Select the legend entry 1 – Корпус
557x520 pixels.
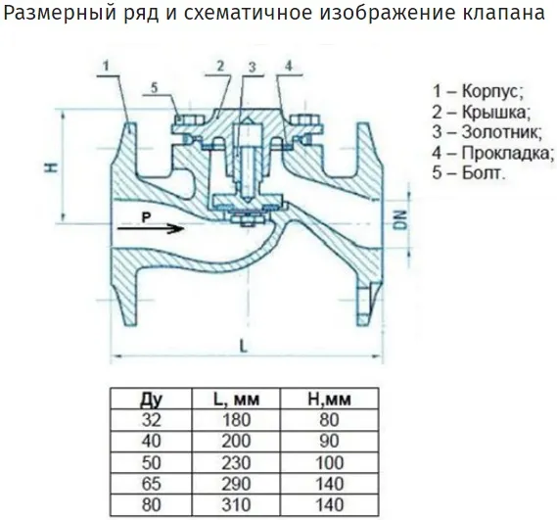click(478, 91)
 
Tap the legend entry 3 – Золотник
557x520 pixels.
click(487, 132)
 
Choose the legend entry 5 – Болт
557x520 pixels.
click(468, 172)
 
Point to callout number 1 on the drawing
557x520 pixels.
click(106, 66)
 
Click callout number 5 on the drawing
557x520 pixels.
click(154, 87)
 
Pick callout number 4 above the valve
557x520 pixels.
click(289, 66)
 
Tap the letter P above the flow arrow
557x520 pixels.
click(146, 217)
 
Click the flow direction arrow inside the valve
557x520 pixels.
click(150, 228)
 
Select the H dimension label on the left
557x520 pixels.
click(52, 167)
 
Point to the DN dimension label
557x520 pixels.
click(401, 219)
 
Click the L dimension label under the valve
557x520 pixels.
click(244, 346)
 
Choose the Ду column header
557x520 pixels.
click(152, 400)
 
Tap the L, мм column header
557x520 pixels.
click(236, 400)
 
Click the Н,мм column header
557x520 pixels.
click(329, 400)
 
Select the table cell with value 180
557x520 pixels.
click(236, 420)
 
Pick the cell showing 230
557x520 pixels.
click(236, 463)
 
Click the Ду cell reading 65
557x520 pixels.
click(152, 484)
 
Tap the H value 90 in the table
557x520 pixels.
click(329, 442)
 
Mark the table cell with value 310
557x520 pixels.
click(236, 505)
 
